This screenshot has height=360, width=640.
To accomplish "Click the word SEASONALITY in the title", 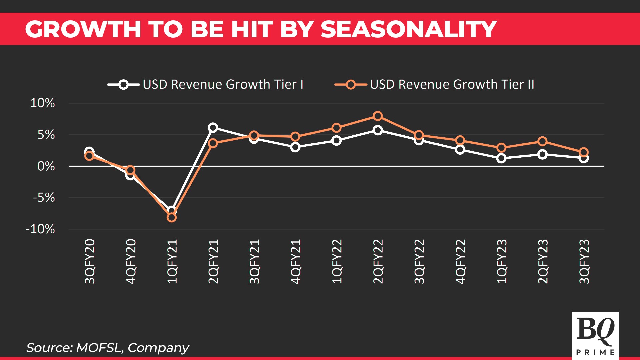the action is pyautogui.click(x=409, y=29).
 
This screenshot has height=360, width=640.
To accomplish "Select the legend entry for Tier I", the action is pyautogui.click(x=205, y=84).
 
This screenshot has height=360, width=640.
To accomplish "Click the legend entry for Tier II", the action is pyautogui.click(x=434, y=84).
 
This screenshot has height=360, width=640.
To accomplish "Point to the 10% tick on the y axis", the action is pyautogui.click(x=42, y=103).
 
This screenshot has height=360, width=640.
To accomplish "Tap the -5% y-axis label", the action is pyautogui.click(x=44, y=198).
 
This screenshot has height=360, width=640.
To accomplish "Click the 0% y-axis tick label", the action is pyautogui.click(x=46, y=166).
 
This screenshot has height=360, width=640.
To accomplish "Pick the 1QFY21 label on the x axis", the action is pyautogui.click(x=172, y=262).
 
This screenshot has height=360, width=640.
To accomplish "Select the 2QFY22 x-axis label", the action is pyautogui.click(x=378, y=262).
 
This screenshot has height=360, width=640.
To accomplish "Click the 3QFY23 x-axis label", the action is pyautogui.click(x=584, y=262).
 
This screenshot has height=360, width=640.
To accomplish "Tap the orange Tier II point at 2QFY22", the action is pyautogui.click(x=378, y=116).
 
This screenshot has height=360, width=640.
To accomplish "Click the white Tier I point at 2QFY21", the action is pyautogui.click(x=213, y=128).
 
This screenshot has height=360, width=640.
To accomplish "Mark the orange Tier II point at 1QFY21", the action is pyautogui.click(x=171, y=218).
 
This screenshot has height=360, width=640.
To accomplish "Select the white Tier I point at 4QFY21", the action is pyautogui.click(x=295, y=147).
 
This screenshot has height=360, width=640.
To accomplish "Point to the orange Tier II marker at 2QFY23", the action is pyautogui.click(x=542, y=141).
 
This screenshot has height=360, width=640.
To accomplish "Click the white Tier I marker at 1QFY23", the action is pyautogui.click(x=501, y=158).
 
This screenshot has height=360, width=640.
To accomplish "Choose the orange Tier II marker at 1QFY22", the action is pyautogui.click(x=336, y=128).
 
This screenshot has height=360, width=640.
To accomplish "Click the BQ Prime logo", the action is pyautogui.click(x=595, y=335).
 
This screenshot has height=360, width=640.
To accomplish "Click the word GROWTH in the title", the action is pyautogui.click(x=83, y=29).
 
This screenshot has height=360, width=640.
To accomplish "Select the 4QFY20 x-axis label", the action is pyautogui.click(x=131, y=262).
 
